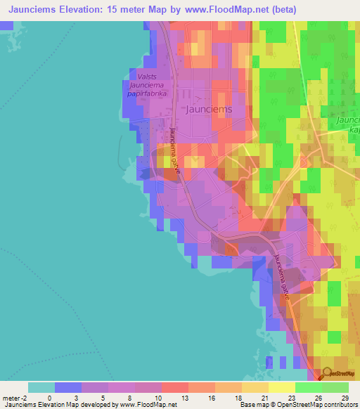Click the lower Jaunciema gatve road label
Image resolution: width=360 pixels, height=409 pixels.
click(x=282, y=278)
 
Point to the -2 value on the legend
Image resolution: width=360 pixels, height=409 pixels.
click(x=19, y=397)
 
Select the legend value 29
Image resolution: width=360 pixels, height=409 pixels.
click(x=345, y=397)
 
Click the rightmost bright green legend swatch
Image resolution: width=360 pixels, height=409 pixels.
click(x=335, y=387)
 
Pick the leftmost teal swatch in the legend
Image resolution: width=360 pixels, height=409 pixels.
click(x=41, y=387)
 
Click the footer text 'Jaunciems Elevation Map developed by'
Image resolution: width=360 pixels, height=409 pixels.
click(x=59, y=405)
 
